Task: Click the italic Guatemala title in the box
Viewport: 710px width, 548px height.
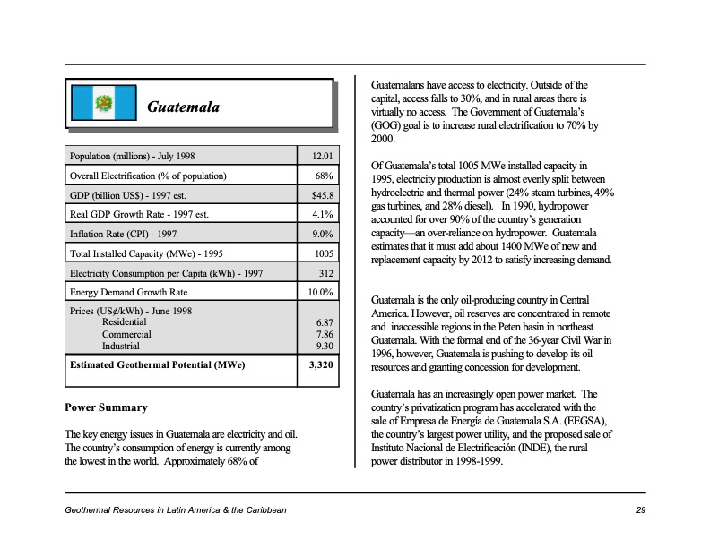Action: point(183,107)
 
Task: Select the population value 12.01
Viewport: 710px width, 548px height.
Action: point(322,157)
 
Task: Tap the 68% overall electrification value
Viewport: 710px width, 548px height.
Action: point(325,176)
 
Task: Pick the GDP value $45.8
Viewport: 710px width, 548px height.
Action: point(322,195)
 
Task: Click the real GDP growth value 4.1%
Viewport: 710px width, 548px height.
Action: point(323,215)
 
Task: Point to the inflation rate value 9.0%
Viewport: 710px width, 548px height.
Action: point(323,235)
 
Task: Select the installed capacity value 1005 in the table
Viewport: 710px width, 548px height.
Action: point(324,254)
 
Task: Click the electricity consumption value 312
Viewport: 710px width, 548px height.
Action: point(326,273)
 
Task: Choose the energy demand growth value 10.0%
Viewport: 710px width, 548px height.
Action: point(321,293)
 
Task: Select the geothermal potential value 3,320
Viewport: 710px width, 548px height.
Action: point(321,365)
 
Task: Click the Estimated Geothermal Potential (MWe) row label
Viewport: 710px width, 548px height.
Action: point(157,365)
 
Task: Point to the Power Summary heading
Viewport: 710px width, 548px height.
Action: point(106,408)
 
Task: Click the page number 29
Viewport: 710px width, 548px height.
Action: point(640,510)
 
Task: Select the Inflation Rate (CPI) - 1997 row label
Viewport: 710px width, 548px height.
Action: point(123,235)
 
